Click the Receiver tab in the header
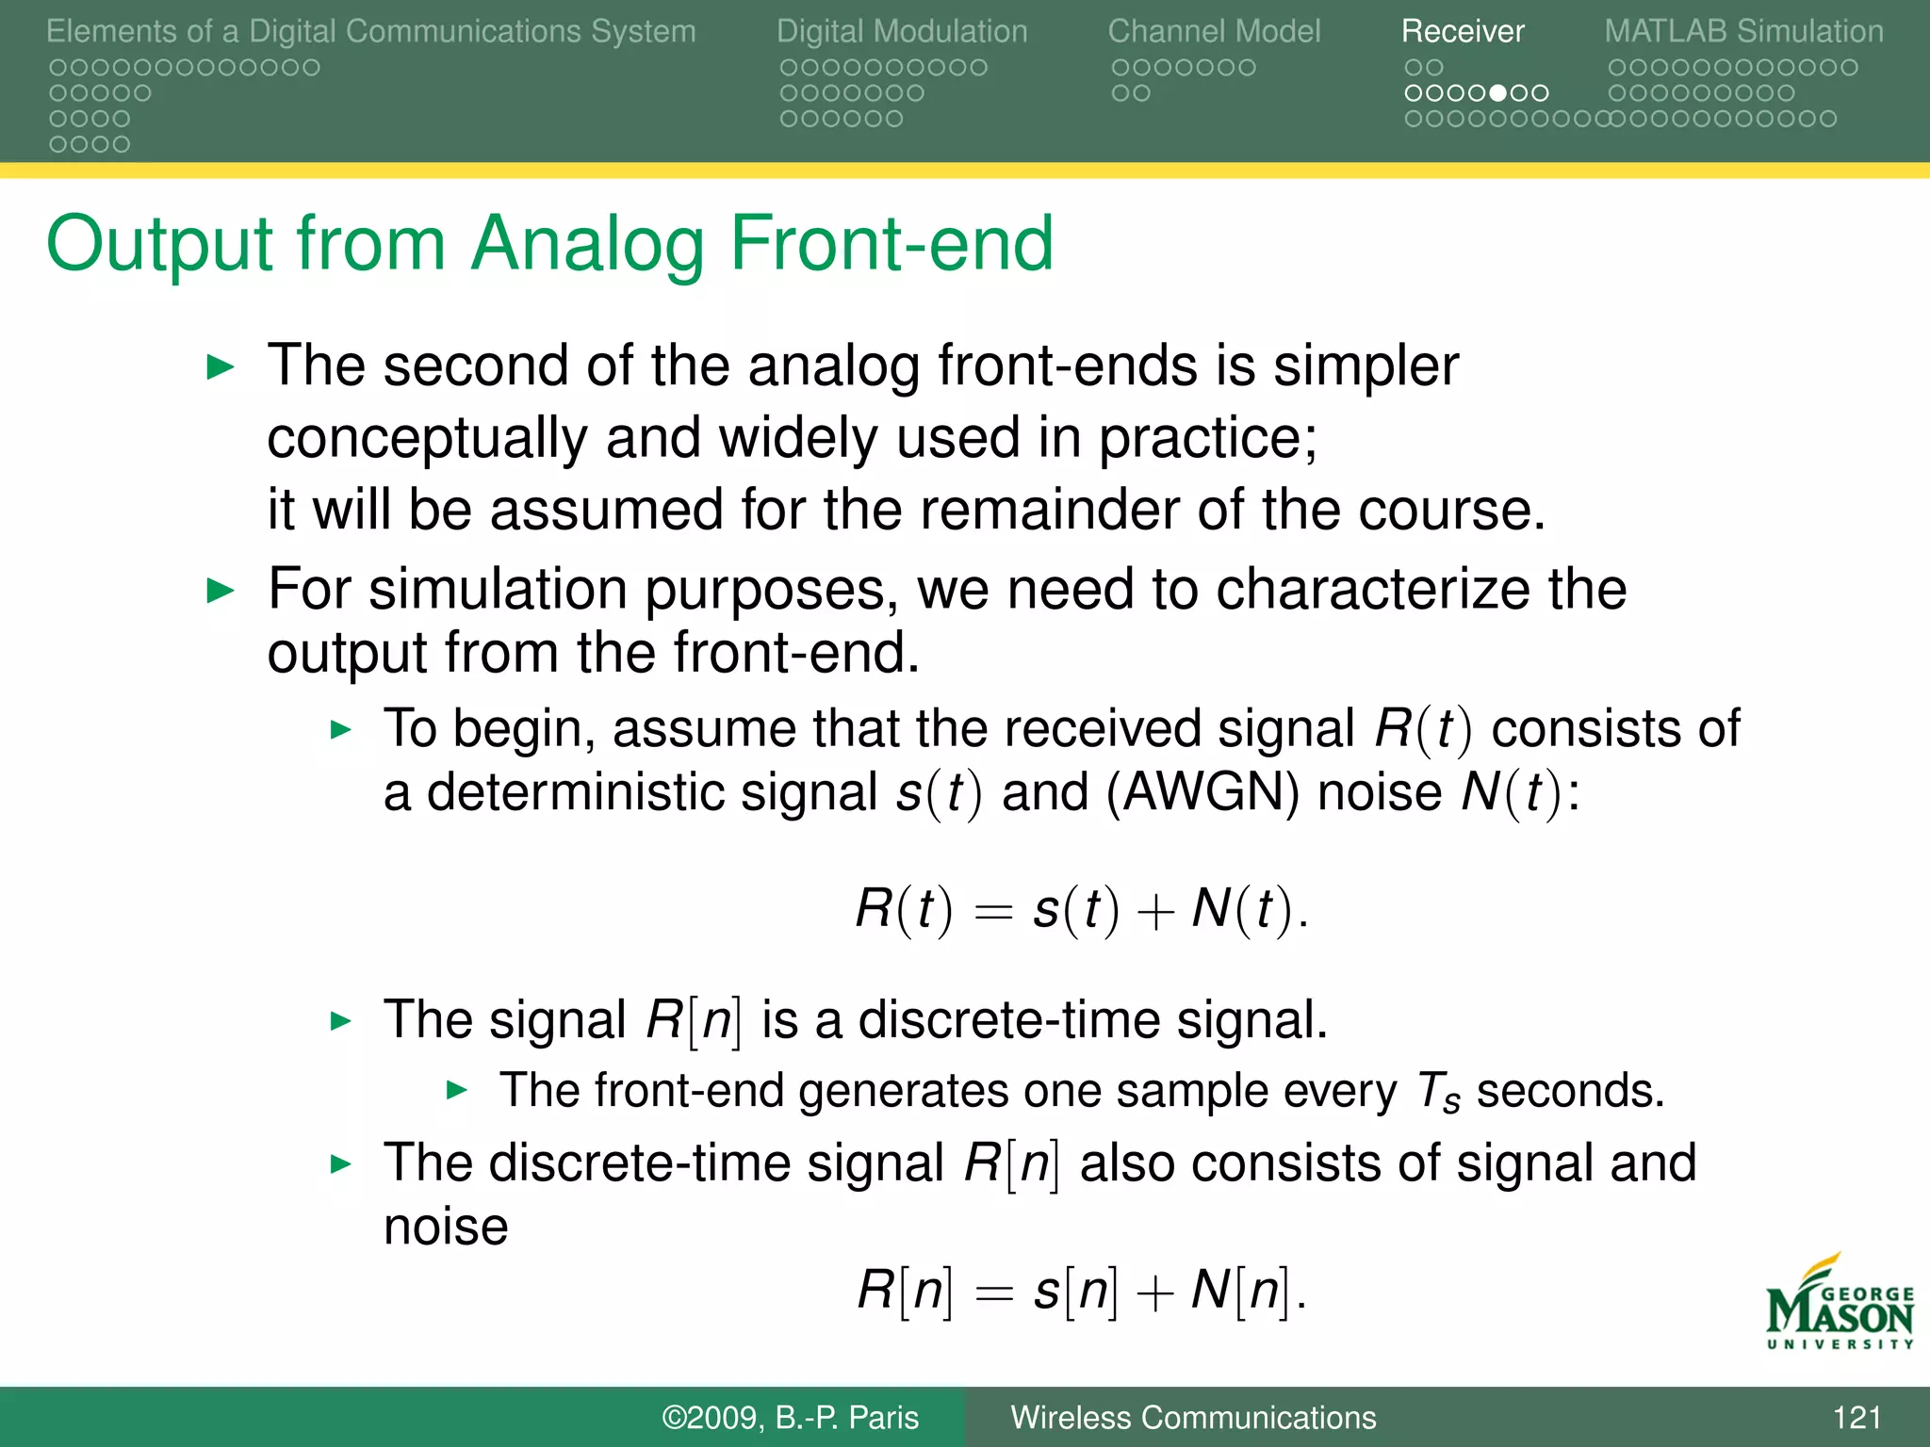(1462, 31)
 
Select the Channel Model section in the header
(1214, 31)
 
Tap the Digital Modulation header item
(902, 31)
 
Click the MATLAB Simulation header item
(1743, 31)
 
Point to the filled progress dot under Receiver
(1498, 93)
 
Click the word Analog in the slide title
(588, 244)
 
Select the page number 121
(1856, 1417)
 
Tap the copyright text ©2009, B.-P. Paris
(790, 1417)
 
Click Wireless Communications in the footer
(1193, 1417)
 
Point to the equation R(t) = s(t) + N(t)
(1081, 911)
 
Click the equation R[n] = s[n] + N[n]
(1081, 1291)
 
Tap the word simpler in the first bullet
(1366, 366)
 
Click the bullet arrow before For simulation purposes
(220, 592)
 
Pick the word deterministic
(651, 792)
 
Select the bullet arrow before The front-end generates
(456, 1091)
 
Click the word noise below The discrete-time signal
(446, 1228)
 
